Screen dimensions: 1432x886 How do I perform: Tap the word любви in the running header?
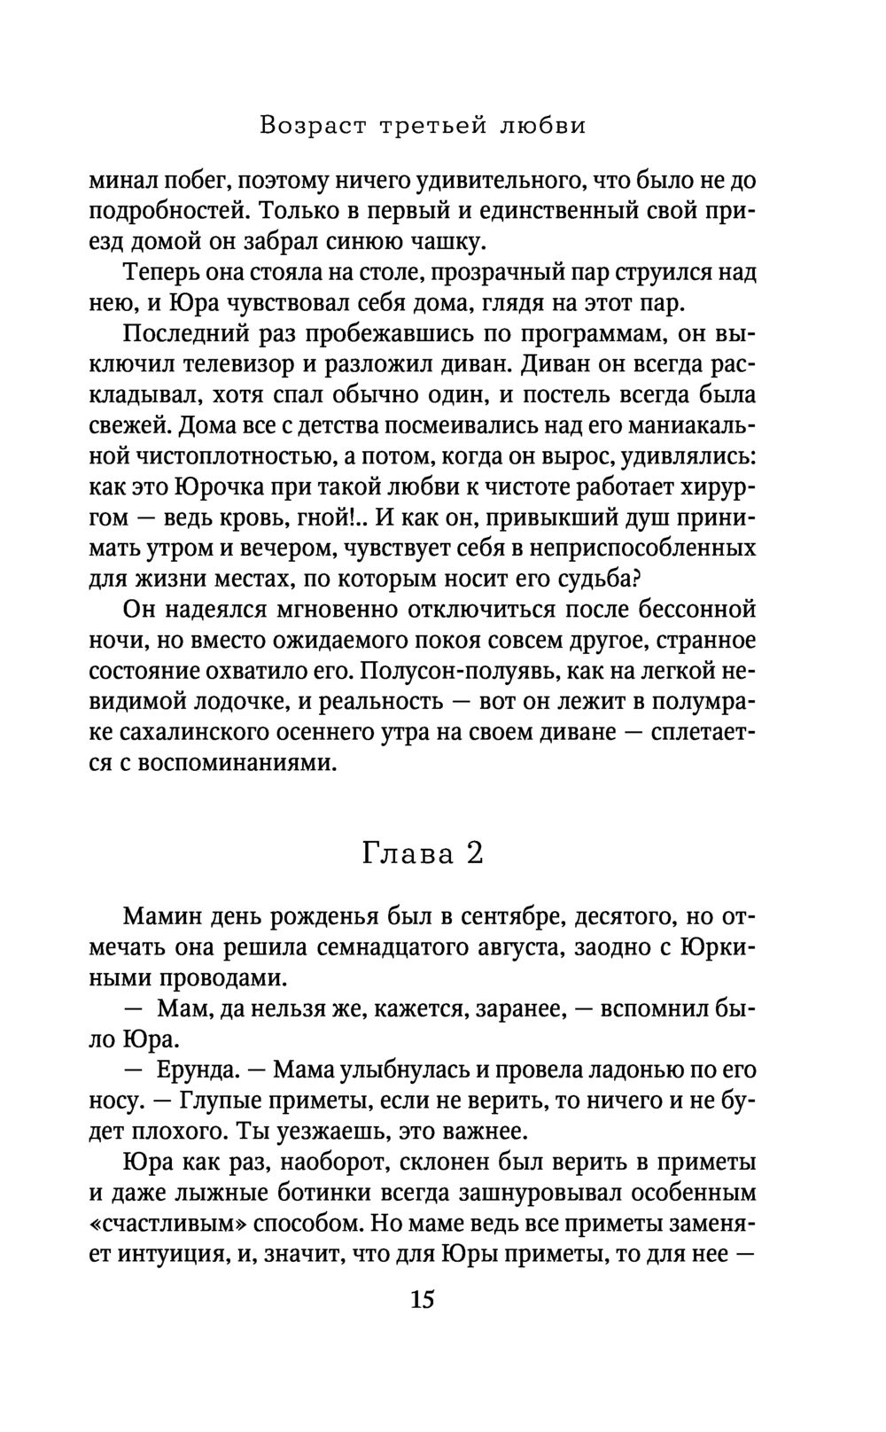point(543,126)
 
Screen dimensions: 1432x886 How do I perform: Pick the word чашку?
point(447,241)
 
